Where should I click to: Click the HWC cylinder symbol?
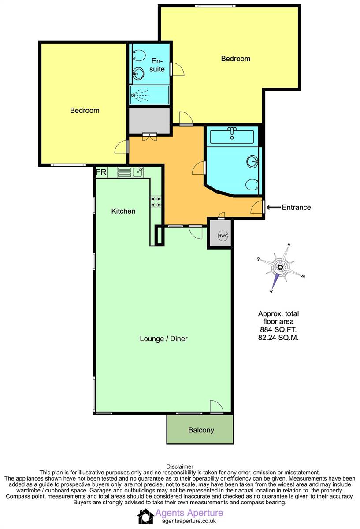[223, 235]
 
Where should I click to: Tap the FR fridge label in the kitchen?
[100, 172]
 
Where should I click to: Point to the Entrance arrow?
[273, 207]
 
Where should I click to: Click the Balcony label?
[201, 430]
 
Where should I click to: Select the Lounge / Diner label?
[163, 339]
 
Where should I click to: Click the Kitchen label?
[123, 211]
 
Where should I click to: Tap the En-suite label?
[157, 65]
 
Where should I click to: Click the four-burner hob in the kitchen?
[156, 201]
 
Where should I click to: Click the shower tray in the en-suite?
[149, 94]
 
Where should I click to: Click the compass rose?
[280, 268]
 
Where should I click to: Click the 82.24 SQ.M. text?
[278, 338]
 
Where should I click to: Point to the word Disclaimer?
[180, 466]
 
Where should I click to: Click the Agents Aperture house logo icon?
[145, 516]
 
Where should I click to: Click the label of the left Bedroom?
[85, 110]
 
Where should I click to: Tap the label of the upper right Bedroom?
[235, 59]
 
